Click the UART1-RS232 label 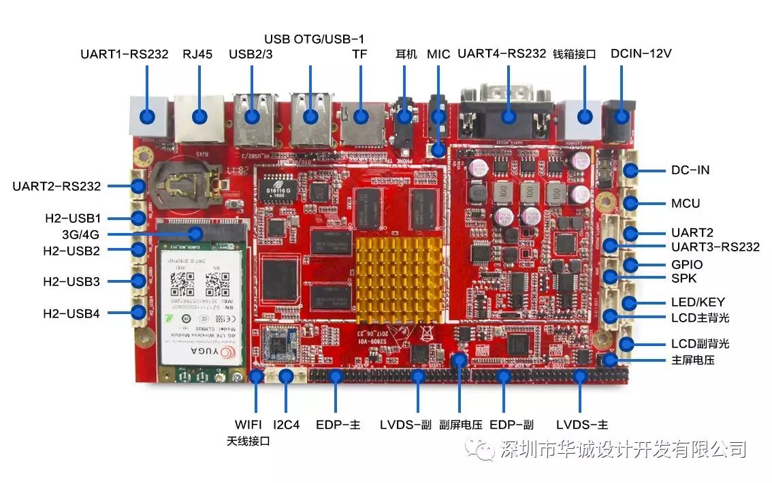pos(124,54)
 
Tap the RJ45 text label pos(197,54)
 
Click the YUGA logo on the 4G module pos(203,352)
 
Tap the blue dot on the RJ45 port pos(199,116)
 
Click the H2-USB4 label pos(71,313)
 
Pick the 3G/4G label pos(80,234)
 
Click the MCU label pos(685,203)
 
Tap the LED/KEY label pos(698,302)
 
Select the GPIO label pos(687,264)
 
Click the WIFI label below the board pos(248,424)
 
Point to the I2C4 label pos(287,424)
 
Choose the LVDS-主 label pos(581,424)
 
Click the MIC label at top pos(438,54)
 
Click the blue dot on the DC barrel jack pos(622,116)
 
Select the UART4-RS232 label pos(502,53)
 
